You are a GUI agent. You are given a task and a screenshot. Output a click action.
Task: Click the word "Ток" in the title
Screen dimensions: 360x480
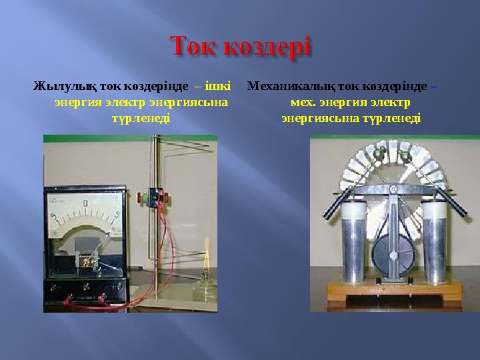pyautogui.click(x=197, y=48)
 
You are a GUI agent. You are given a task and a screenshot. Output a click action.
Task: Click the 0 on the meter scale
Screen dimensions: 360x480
pyautogui.click(x=86, y=202)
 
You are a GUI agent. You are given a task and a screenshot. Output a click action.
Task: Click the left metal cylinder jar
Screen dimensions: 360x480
pyautogui.click(x=353, y=243)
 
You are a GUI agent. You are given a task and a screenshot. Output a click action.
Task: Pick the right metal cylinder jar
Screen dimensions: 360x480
pyautogui.click(x=435, y=243)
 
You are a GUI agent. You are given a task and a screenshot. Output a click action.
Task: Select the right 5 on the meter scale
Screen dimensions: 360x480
pyautogui.click(x=117, y=215)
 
